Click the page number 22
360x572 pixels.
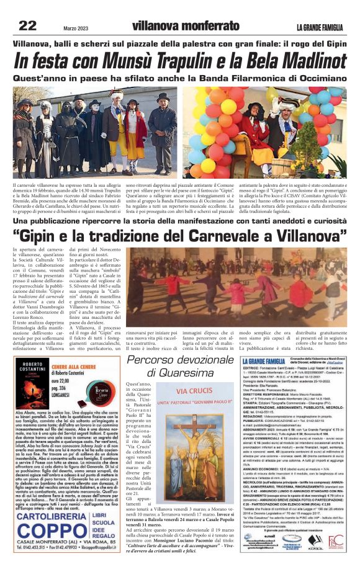point(27,25)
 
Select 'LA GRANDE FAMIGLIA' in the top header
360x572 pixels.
point(320,27)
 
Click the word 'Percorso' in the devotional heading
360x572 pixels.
point(161,360)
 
